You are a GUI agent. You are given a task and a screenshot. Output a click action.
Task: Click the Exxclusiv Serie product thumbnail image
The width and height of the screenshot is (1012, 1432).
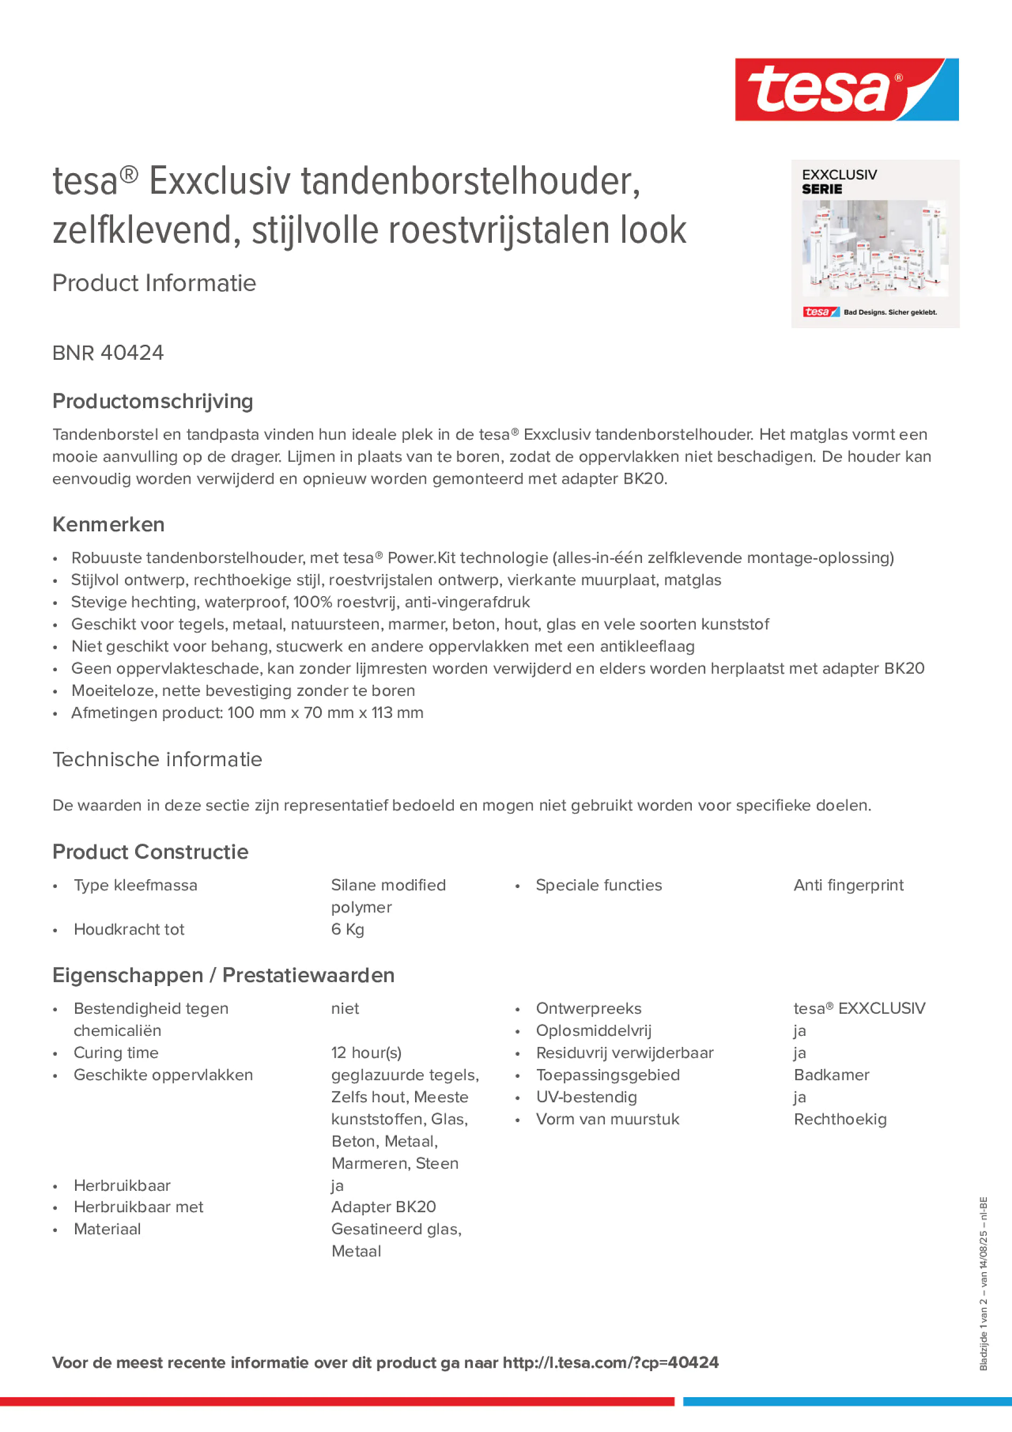pos(875,244)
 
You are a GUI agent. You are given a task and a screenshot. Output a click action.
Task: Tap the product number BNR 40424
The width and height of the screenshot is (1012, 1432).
pos(108,353)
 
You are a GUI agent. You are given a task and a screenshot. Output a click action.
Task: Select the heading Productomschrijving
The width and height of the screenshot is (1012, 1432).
pos(153,402)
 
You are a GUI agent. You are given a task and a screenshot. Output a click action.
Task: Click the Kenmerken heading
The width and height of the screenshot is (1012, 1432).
pos(108,524)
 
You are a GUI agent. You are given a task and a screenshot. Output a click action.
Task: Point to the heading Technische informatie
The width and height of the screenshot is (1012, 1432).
pos(157,760)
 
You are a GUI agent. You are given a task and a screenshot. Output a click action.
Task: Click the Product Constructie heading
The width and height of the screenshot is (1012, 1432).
pos(150,852)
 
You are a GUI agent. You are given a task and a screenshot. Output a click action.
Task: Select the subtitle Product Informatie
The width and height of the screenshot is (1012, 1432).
pos(154,283)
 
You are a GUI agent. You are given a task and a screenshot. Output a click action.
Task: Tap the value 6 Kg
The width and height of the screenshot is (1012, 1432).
pos(348,929)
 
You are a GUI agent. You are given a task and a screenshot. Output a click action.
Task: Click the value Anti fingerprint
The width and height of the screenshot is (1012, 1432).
pos(848,885)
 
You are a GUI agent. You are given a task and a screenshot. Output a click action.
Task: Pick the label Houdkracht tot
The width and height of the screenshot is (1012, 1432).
pos(129,929)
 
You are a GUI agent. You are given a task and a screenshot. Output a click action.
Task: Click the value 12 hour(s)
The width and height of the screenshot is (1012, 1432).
pos(366,1053)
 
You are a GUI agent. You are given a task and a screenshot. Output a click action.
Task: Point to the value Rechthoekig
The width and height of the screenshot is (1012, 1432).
pos(840,1119)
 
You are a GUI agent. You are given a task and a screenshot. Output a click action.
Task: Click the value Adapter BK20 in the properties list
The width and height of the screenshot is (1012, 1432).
pos(383,1207)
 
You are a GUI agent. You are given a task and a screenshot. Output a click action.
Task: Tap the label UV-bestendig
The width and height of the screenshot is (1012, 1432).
pos(586,1097)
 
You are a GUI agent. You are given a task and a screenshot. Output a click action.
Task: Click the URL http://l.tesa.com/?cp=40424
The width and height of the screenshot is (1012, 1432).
pos(610,1363)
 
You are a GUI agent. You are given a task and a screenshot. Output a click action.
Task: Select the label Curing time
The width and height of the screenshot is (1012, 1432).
pos(116,1053)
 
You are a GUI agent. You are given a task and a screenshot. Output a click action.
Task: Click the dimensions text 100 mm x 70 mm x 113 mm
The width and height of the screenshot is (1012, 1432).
pos(325,713)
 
